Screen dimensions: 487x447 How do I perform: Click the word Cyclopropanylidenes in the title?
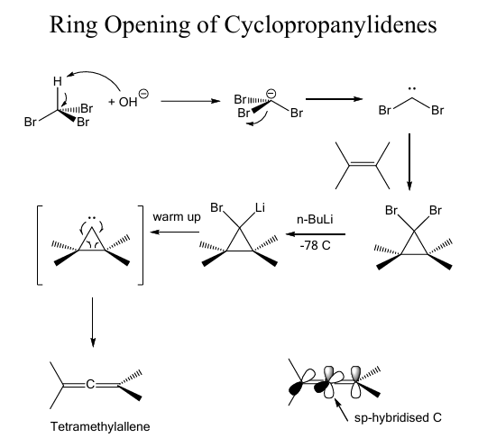330,25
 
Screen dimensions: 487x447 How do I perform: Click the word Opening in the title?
146,25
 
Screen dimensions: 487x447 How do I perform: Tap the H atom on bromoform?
58,81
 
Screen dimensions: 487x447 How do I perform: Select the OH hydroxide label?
128,102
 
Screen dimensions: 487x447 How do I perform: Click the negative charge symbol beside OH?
143,94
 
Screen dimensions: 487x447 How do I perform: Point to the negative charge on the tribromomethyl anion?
271,93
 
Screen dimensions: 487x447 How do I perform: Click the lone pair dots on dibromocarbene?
412,89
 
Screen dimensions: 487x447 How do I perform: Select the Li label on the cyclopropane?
260,207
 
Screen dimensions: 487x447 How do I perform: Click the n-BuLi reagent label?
315,220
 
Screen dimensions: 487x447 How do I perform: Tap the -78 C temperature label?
315,245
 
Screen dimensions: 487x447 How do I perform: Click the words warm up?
177,217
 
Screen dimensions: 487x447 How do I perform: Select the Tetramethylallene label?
100,426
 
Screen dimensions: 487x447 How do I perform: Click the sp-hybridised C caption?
398,418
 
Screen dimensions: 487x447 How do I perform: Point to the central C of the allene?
90,384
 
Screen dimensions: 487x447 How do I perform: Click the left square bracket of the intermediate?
40,245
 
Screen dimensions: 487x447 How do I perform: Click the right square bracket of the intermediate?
141,245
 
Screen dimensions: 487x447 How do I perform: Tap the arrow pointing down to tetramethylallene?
92,323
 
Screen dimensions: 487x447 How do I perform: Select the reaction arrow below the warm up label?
175,232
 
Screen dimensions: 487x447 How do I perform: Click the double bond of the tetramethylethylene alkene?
363,164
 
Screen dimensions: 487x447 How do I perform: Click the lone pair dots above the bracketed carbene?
92,218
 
